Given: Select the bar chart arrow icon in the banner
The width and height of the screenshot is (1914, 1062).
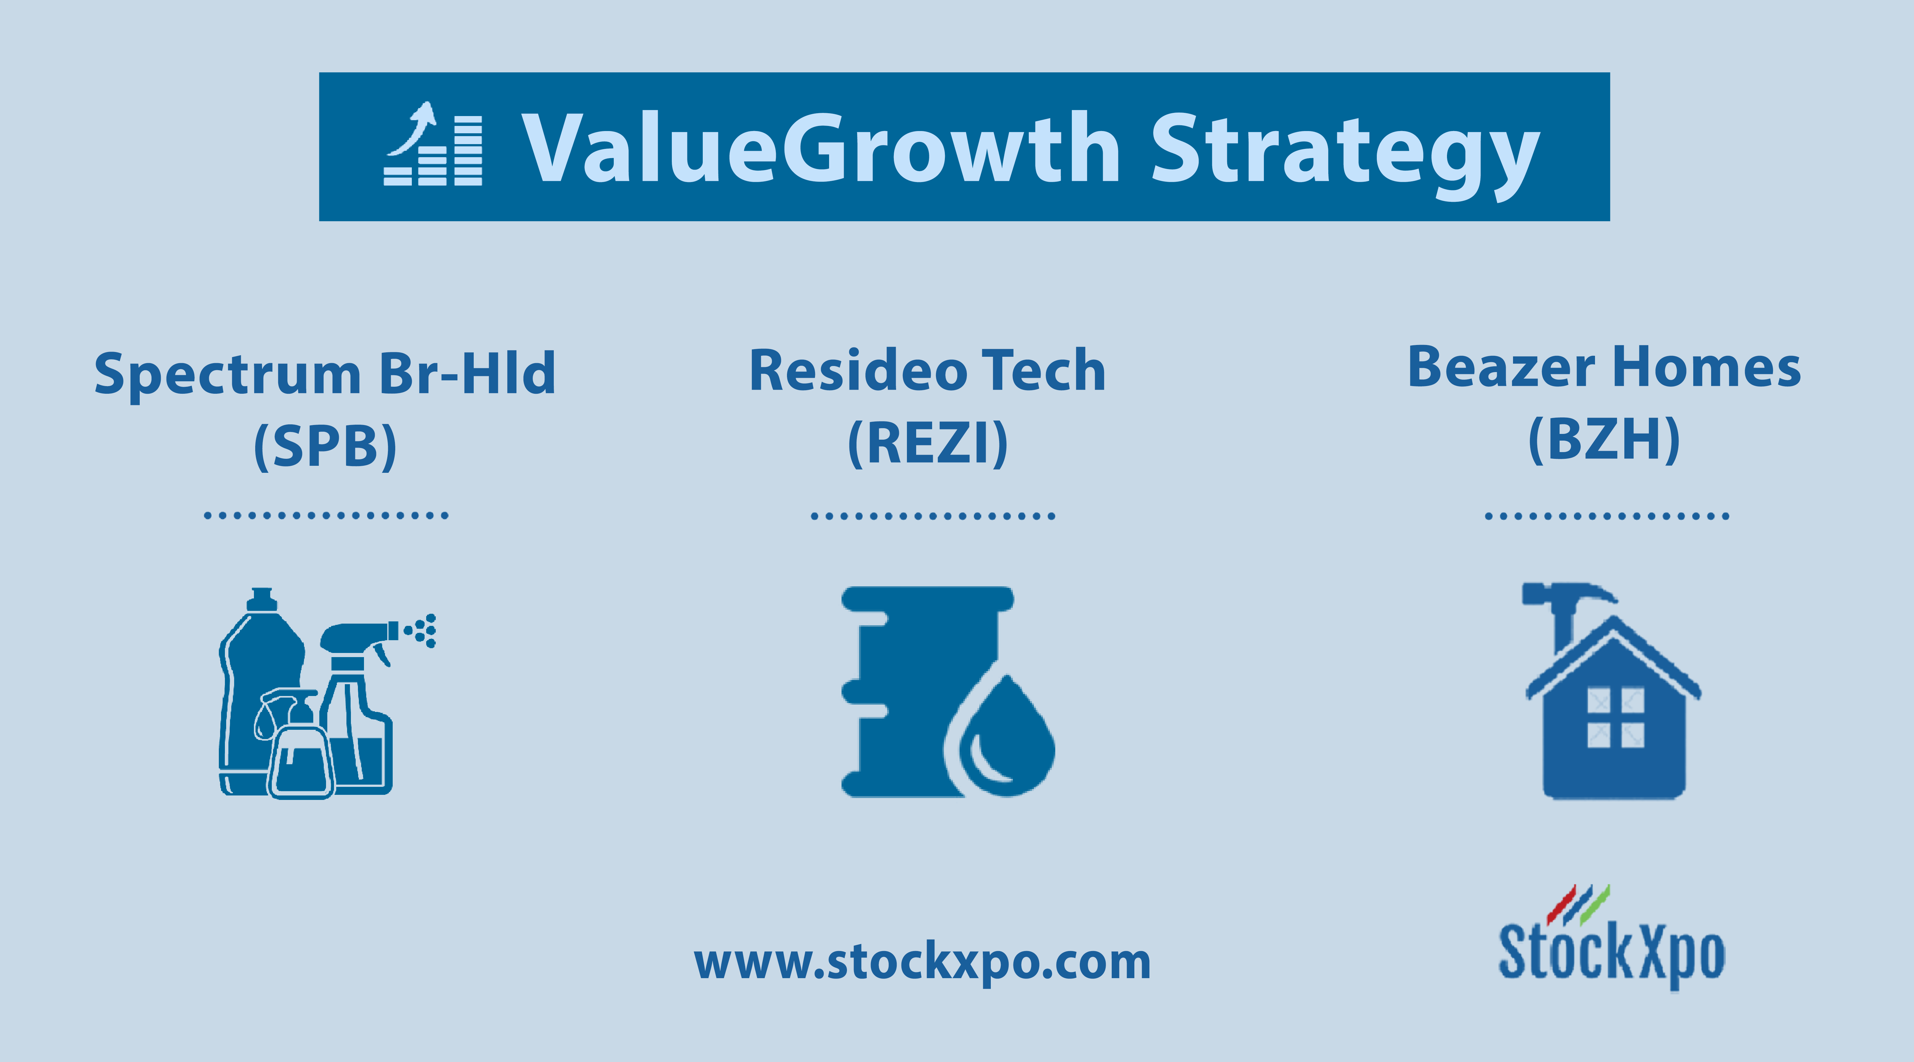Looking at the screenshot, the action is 433,143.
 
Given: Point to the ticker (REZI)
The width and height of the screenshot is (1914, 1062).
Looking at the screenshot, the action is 927,443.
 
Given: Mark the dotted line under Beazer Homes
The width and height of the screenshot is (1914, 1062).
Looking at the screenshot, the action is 1606,516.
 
